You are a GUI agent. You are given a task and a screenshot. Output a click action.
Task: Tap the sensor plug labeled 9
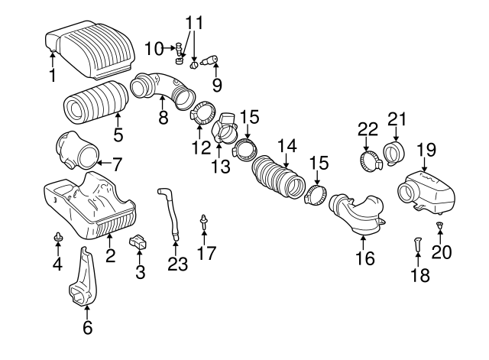[x=211, y=59]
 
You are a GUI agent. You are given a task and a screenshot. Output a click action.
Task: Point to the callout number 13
[x=220, y=167]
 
